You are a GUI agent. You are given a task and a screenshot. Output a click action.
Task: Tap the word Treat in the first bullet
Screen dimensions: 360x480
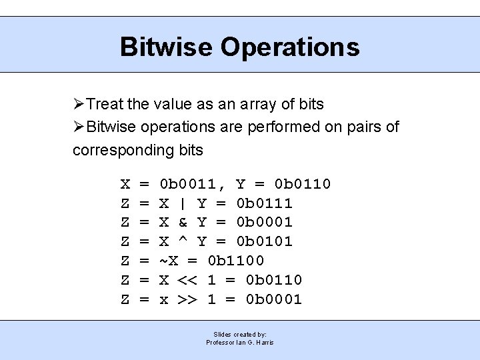(x=105, y=105)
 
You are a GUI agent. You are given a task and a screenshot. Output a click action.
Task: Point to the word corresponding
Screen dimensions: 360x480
(x=124, y=150)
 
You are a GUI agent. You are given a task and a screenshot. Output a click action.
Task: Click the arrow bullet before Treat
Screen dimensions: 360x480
(x=79, y=105)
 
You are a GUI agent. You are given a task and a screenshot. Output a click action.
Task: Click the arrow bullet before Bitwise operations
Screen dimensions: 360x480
(x=79, y=127)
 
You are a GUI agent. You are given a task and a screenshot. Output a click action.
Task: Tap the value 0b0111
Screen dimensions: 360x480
(x=265, y=203)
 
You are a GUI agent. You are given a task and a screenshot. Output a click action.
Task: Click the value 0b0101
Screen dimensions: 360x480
(x=265, y=241)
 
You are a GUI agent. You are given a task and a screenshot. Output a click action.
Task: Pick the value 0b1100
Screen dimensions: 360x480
(x=236, y=261)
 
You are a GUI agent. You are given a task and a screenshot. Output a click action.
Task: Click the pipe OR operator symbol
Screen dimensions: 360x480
(x=183, y=203)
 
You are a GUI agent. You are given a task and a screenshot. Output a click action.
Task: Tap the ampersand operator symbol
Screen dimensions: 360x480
(x=183, y=222)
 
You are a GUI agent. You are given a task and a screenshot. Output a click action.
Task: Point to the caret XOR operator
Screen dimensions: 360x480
(x=183, y=240)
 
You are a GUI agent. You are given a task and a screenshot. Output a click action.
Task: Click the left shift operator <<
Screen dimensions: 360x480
(x=187, y=280)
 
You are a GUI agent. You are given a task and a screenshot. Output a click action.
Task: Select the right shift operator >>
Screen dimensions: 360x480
(x=187, y=299)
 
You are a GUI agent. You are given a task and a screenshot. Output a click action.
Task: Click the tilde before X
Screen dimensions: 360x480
(x=163, y=260)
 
